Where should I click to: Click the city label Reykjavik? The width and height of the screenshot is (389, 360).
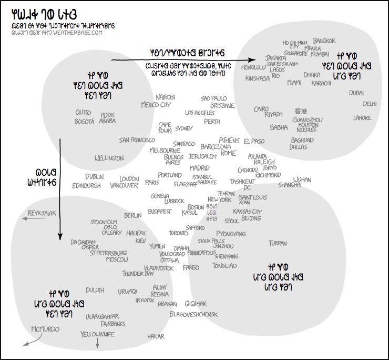42,213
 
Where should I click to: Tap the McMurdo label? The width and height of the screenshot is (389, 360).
45,329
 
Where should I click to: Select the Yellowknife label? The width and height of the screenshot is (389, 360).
97,334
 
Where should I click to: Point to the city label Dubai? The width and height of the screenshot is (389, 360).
356,93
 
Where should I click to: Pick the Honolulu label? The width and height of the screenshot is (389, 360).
254,67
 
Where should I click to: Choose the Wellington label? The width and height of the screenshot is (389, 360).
109,158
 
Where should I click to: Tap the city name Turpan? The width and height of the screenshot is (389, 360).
278,243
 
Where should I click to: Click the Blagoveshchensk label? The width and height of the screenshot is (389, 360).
193,314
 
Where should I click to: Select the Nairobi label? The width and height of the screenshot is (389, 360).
166,97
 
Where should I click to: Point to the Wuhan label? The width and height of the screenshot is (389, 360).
302,179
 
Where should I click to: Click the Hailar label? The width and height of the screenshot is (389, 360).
156,336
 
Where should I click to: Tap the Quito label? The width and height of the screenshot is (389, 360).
83,113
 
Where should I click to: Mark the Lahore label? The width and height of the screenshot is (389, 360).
362,118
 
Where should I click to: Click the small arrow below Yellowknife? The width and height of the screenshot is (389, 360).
97,343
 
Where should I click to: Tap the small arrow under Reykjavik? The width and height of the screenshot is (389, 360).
34,219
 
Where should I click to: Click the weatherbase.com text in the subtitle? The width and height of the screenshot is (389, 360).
81,33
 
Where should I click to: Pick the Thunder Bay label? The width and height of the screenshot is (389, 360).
138,274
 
